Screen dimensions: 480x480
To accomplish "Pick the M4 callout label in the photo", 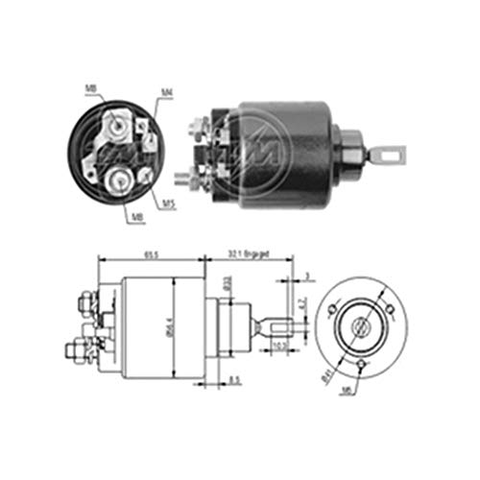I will click(x=166, y=93).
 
